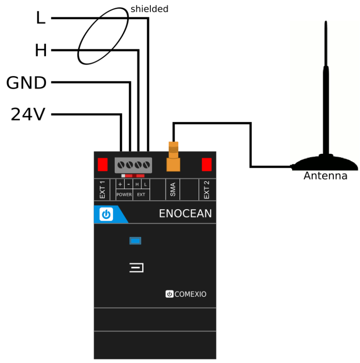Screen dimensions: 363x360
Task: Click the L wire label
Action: tap(40, 18)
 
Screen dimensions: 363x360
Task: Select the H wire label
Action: tap(40, 51)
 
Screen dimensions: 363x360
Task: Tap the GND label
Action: tap(27, 83)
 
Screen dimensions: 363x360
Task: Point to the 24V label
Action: tap(28, 115)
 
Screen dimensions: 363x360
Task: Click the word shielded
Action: tap(149, 9)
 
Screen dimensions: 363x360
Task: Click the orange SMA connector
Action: tap(173, 158)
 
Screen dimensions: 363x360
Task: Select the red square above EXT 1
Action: tap(103, 165)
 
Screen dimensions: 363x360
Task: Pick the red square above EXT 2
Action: tap(207, 165)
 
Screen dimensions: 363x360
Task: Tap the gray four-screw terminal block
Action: tap(133, 165)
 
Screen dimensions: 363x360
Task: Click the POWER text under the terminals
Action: tap(124, 195)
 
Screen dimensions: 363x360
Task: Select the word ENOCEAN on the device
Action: tap(185, 214)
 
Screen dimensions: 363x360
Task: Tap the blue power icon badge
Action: tap(106, 214)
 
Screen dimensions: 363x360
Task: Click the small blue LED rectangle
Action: tap(135, 241)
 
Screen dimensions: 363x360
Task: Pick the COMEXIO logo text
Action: tap(186, 294)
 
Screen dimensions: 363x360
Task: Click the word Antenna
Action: tap(325, 176)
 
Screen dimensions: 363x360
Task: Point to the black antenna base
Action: tap(325, 164)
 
